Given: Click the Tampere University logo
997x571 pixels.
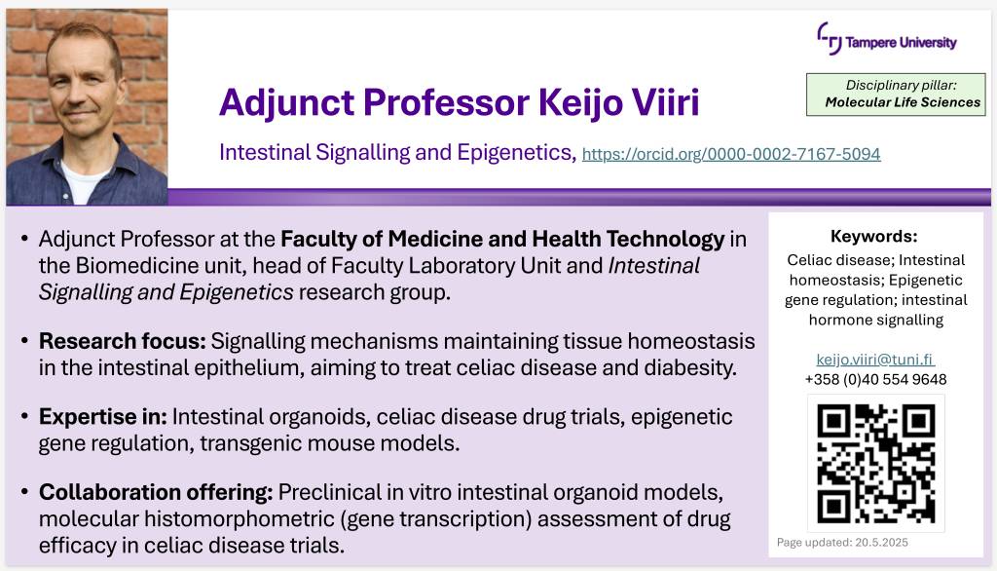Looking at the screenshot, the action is (x=886, y=40).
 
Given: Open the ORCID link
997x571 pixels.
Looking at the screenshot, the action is (x=731, y=154).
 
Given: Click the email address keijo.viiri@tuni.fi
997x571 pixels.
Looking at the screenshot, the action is (x=875, y=359).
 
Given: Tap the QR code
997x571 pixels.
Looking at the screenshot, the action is (x=875, y=464).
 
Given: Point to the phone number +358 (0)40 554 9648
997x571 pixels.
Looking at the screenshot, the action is (x=875, y=379).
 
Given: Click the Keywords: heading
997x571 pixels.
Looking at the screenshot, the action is (x=873, y=236).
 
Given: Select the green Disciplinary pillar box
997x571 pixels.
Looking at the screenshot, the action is (x=896, y=95).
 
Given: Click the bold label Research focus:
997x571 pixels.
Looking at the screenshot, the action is (x=122, y=341).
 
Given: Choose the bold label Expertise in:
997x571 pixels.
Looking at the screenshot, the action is (x=102, y=417).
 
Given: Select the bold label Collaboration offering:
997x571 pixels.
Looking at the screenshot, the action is (x=156, y=492).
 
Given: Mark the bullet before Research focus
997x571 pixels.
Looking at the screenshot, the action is (x=24, y=342).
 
